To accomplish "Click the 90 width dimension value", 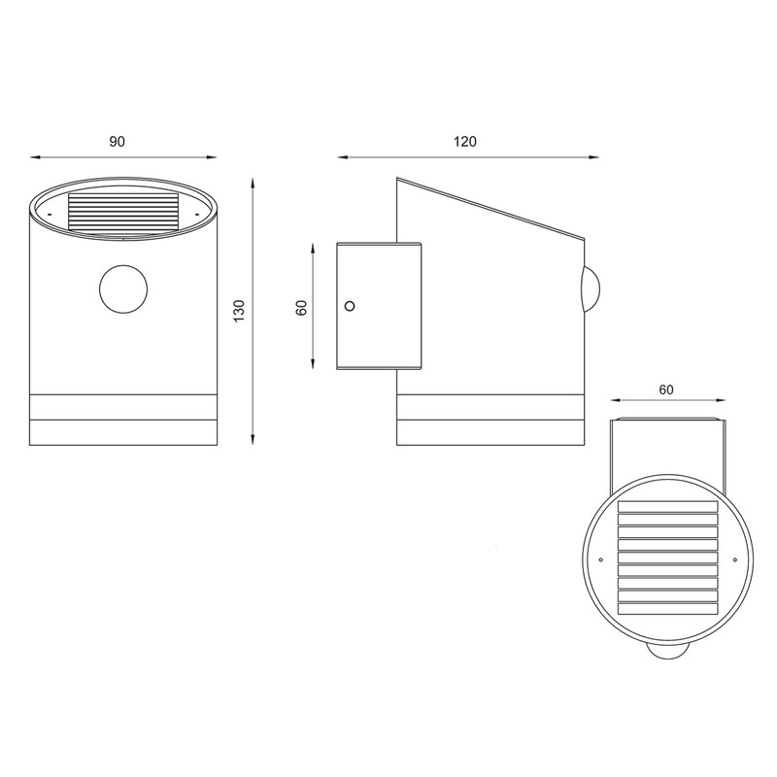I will pyautogui.click(x=117, y=142).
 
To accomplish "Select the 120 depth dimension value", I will pyautogui.click(x=465, y=142).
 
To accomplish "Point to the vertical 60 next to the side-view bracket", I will pyautogui.click(x=301, y=307).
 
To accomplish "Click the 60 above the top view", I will pyautogui.click(x=666, y=389).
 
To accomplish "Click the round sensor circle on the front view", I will pyautogui.click(x=124, y=290).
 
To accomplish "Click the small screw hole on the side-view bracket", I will pyautogui.click(x=351, y=306).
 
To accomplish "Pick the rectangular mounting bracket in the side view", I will pyautogui.click(x=379, y=306).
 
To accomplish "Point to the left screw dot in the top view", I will pyautogui.click(x=602, y=560).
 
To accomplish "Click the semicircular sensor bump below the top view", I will pyautogui.click(x=667, y=652).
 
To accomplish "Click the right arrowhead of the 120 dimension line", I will pyautogui.click(x=592, y=155).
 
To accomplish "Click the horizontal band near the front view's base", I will pyautogui.click(x=124, y=408).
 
